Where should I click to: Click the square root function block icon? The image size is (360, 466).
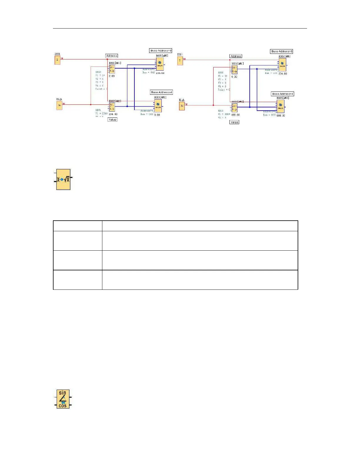pyautogui.click(x=63, y=179)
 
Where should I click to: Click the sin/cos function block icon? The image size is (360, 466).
pyautogui.click(x=63, y=399)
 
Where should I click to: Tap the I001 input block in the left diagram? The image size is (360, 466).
pyautogui.click(x=57, y=60)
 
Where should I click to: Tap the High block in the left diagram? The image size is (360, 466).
pyautogui.click(x=59, y=105)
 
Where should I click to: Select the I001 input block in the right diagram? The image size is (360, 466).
pyautogui.click(x=180, y=61)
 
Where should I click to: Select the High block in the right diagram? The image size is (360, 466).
pyautogui.click(x=182, y=106)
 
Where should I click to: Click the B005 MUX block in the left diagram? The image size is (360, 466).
pyautogui.click(x=160, y=64)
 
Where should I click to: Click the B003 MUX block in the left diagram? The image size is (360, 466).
pyautogui.click(x=158, y=105)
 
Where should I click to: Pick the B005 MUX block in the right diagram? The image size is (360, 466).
pyautogui.click(x=282, y=64)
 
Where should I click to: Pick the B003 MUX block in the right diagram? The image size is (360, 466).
pyautogui.click(x=281, y=106)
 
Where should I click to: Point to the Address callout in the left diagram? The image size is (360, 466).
pyautogui.click(x=112, y=56)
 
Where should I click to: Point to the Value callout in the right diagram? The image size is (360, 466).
pyautogui.click(x=234, y=122)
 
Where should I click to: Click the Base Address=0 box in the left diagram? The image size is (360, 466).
pyautogui.click(x=161, y=51)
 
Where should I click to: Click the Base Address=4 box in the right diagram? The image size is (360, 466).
pyautogui.click(x=282, y=94)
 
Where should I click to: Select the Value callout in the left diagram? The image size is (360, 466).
pyautogui.click(x=112, y=119)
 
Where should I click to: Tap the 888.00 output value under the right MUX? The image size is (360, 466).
pyautogui.click(x=281, y=116)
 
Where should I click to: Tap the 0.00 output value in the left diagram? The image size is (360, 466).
pyautogui.click(x=157, y=115)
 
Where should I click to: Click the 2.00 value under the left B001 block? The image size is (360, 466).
pyautogui.click(x=112, y=76)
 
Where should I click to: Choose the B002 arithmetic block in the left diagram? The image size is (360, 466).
pyautogui.click(x=112, y=107)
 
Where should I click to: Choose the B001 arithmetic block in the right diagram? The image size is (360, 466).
pyautogui.click(x=234, y=70)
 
